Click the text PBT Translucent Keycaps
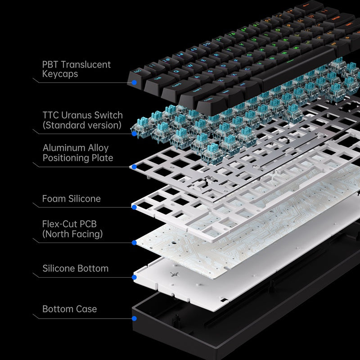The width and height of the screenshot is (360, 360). [x=76, y=69]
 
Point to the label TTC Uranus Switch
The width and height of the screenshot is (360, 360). [x=82, y=116]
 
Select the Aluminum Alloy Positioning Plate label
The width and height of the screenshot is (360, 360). [x=77, y=153]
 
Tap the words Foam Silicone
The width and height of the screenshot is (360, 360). [x=71, y=198]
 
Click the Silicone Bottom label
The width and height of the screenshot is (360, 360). [x=75, y=268]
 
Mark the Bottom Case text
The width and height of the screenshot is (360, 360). [x=69, y=309]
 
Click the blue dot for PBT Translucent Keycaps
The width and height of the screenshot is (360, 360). [x=134, y=82]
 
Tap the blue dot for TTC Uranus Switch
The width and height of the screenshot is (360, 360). [x=134, y=133]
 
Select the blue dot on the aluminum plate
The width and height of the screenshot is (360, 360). [x=134, y=167]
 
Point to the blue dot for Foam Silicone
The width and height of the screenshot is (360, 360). [x=134, y=207]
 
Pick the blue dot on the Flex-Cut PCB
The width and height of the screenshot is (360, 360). [x=134, y=243]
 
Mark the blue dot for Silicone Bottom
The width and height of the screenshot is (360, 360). [x=134, y=277]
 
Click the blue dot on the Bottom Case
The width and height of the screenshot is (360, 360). [x=134, y=319]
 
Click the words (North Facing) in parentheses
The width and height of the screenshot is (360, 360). [x=72, y=234]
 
